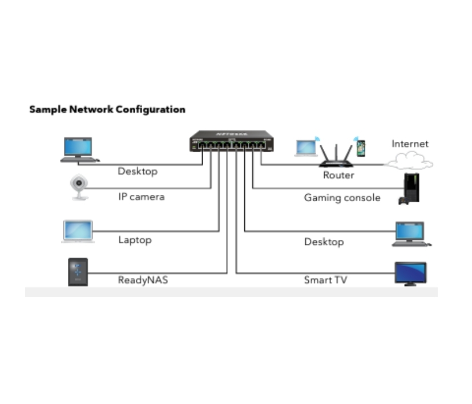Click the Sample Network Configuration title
tap(107, 109)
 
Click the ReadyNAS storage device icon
tap(78, 272)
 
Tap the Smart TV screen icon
tap(410, 273)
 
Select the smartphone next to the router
tap(361, 148)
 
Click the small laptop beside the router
tap(306, 148)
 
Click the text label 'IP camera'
tap(141, 197)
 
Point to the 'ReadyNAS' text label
tap(143, 280)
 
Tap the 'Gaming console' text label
tap(342, 198)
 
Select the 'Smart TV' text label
tap(325, 280)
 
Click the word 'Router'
tap(338, 175)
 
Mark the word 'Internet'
tap(409, 144)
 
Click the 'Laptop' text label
tap(135, 240)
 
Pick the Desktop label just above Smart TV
tap(324, 242)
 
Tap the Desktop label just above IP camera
tap(137, 171)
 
